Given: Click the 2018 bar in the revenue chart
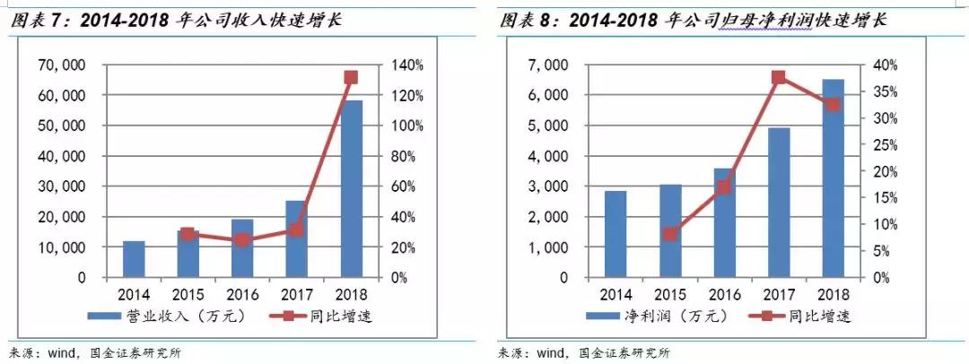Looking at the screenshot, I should point(352,188).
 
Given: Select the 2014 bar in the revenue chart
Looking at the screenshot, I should point(134,259).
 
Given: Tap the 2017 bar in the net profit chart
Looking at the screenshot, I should point(778,203).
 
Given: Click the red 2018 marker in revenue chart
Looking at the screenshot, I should point(352,77).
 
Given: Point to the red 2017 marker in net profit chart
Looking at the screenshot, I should point(779,77).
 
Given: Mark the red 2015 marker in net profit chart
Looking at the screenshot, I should point(670,234).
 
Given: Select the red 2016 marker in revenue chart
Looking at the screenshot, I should point(242,239).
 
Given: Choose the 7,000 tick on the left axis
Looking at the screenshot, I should point(549,65).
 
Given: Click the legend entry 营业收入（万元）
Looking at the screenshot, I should point(165,315).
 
